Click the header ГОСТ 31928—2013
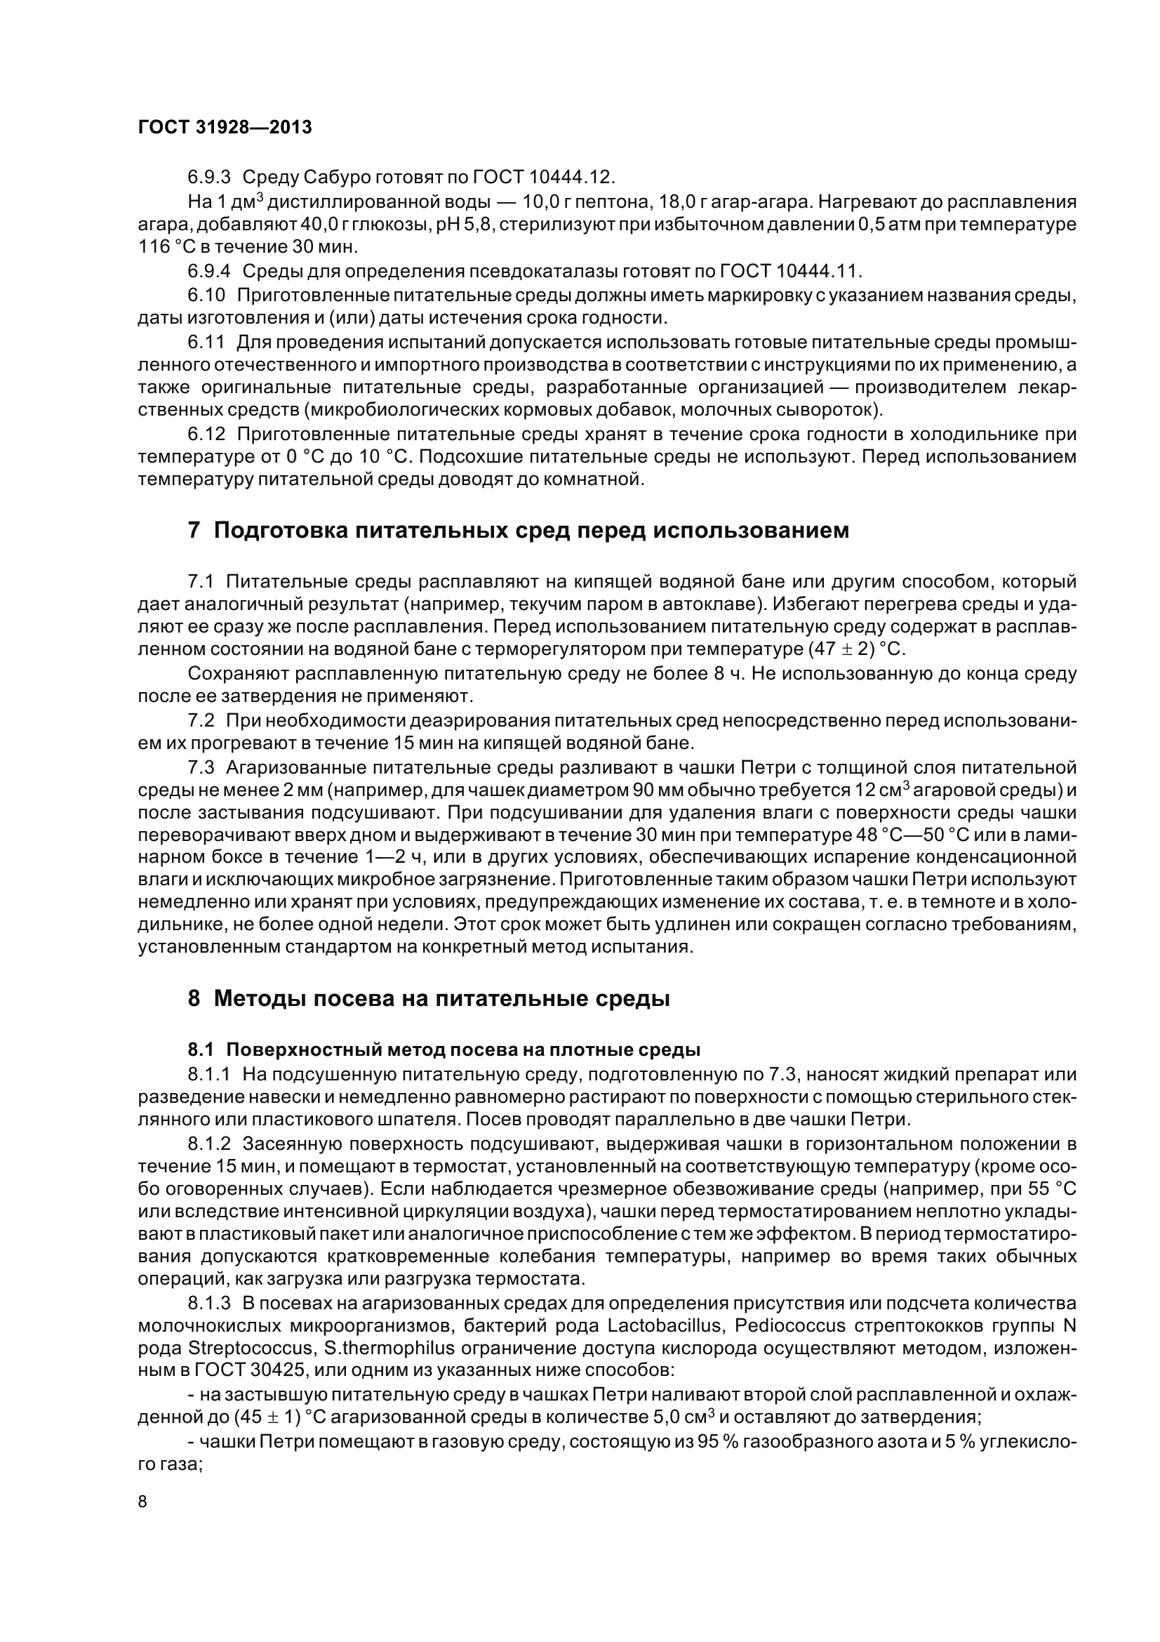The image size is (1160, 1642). point(225,127)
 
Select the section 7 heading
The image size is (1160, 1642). point(518,531)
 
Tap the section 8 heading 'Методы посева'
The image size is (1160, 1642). point(429,998)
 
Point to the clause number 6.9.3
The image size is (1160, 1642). point(208,176)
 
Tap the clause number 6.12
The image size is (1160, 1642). point(206,434)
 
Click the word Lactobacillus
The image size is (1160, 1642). point(664,1326)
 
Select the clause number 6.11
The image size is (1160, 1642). point(206,342)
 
